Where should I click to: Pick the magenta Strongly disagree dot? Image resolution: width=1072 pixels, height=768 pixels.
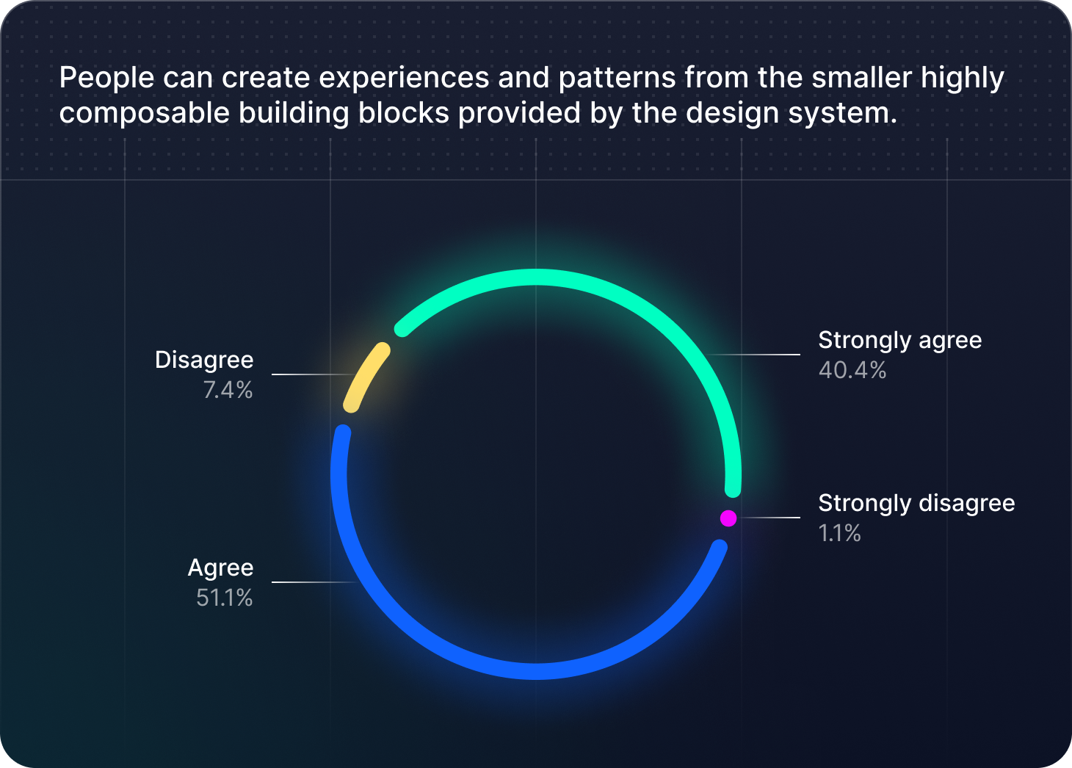pos(728,518)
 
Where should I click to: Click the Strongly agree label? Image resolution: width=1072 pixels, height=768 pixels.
pos(899,340)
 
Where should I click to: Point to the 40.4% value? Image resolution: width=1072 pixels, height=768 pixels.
pos(852,370)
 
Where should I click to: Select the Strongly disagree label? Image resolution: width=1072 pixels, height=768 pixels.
pos(916,503)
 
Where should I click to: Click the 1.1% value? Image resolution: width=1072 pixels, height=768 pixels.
pos(839,533)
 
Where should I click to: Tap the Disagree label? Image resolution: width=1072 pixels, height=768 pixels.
pos(204,360)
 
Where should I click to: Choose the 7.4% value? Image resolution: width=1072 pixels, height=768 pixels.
pos(228,390)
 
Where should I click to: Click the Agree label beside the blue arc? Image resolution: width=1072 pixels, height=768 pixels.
pos(220,568)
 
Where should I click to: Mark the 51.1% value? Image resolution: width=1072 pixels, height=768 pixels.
pos(224,598)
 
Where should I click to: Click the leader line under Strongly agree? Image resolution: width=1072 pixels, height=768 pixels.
pos(756,355)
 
